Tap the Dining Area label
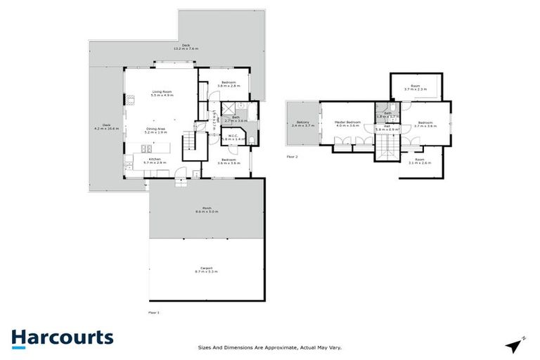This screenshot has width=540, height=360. point(155,128)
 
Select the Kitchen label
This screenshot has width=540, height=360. point(155,160)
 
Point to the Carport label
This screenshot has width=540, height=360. point(207,268)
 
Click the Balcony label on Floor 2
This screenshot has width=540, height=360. point(303,123)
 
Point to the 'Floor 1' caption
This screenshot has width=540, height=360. point(154,311)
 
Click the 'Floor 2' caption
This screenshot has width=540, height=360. point(292,156)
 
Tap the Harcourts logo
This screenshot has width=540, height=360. point(63,337)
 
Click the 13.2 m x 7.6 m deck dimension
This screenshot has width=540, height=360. point(186,47)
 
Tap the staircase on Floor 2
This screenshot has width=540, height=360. point(385,146)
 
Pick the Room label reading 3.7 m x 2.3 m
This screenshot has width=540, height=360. point(415,88)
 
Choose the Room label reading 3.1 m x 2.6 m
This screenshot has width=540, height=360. point(419,161)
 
